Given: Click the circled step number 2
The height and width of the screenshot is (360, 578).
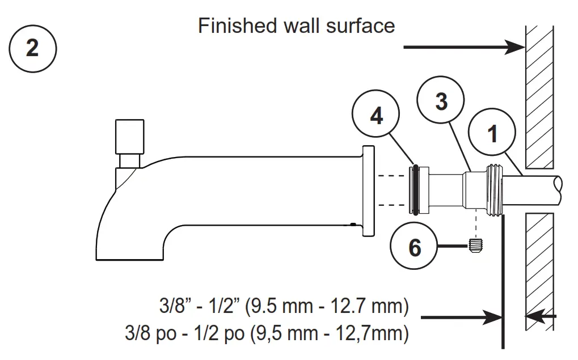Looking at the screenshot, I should [32, 48].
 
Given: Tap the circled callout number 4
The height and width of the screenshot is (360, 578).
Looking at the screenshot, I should [376, 116].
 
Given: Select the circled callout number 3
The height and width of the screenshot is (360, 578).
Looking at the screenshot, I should [441, 102].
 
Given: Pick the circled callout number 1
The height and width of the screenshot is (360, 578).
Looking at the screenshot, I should [492, 134].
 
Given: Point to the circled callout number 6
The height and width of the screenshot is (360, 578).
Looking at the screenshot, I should [415, 247].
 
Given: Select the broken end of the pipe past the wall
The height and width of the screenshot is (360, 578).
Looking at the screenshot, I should [559, 185].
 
